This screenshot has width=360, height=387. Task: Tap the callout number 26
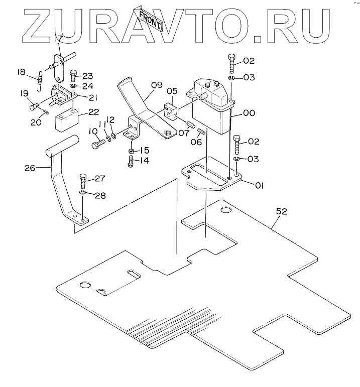(30, 168)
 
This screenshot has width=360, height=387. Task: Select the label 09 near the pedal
(156, 85)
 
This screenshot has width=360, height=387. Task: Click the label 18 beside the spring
(21, 72)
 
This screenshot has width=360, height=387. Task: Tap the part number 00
(249, 113)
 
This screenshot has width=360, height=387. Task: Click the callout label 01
(259, 185)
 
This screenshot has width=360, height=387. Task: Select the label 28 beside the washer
(100, 195)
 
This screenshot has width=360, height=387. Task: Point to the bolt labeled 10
(97, 145)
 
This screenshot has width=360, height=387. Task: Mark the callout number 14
(144, 161)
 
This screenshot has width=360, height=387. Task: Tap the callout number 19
(24, 94)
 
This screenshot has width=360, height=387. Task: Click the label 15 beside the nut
(144, 150)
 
